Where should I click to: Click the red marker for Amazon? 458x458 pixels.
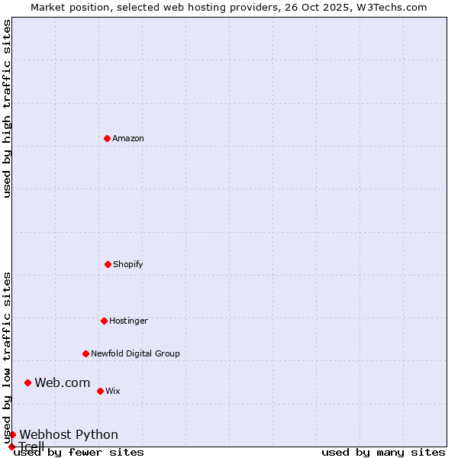[x=107, y=138]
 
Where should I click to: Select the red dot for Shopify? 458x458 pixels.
[x=108, y=264]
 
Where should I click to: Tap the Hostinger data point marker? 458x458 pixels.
[x=104, y=321]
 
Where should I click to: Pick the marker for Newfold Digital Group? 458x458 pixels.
[x=85, y=353]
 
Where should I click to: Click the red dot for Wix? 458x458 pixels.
[x=100, y=391]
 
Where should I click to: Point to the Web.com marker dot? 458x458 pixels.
[x=27, y=382]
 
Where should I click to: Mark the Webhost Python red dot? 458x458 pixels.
[x=12, y=434]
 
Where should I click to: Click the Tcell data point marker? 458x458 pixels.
[x=11, y=447]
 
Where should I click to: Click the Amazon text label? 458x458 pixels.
[x=128, y=138]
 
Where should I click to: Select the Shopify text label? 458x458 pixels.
[x=128, y=264]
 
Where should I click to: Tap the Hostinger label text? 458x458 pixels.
[x=128, y=321]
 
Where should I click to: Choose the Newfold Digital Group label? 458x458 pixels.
[x=135, y=353]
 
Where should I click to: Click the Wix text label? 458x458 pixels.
[x=113, y=391]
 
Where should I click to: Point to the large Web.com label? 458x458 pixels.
[x=63, y=382]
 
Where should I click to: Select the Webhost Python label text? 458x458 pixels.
[x=69, y=434]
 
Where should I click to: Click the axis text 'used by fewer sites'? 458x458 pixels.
[x=79, y=453]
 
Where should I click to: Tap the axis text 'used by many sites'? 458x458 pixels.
[x=383, y=453]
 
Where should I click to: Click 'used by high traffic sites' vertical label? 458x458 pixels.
[x=7, y=108]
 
